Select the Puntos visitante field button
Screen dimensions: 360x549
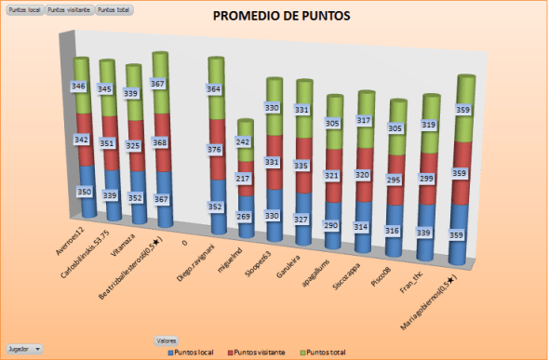click(x=71, y=8)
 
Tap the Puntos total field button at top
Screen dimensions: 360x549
click(x=114, y=8)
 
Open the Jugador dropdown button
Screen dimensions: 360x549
click(x=24, y=349)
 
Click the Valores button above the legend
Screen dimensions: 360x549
click(x=167, y=341)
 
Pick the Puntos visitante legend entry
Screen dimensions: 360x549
click(x=259, y=353)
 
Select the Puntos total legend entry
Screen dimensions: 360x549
click(x=324, y=353)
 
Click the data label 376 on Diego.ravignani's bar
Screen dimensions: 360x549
click(x=214, y=150)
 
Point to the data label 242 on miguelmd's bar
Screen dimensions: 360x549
click(x=242, y=142)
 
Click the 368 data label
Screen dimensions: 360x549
click(x=159, y=142)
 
